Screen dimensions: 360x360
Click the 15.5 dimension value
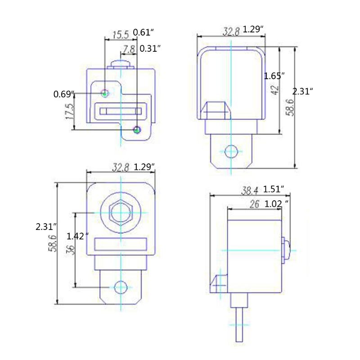tap(121, 34)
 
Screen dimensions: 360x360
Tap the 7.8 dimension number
tap(129, 49)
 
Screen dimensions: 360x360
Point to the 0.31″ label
tap(150, 49)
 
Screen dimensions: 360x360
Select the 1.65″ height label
tap(274, 76)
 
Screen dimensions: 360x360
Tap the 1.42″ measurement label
tap(77, 236)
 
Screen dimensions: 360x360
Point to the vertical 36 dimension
tap(71, 250)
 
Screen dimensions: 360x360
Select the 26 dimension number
tap(254, 204)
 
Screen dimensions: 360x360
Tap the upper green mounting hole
tap(105, 93)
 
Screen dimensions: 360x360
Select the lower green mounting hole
tap(137, 130)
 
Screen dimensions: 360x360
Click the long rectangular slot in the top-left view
tap(120, 111)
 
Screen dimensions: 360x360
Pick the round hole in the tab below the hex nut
tap(120, 286)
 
